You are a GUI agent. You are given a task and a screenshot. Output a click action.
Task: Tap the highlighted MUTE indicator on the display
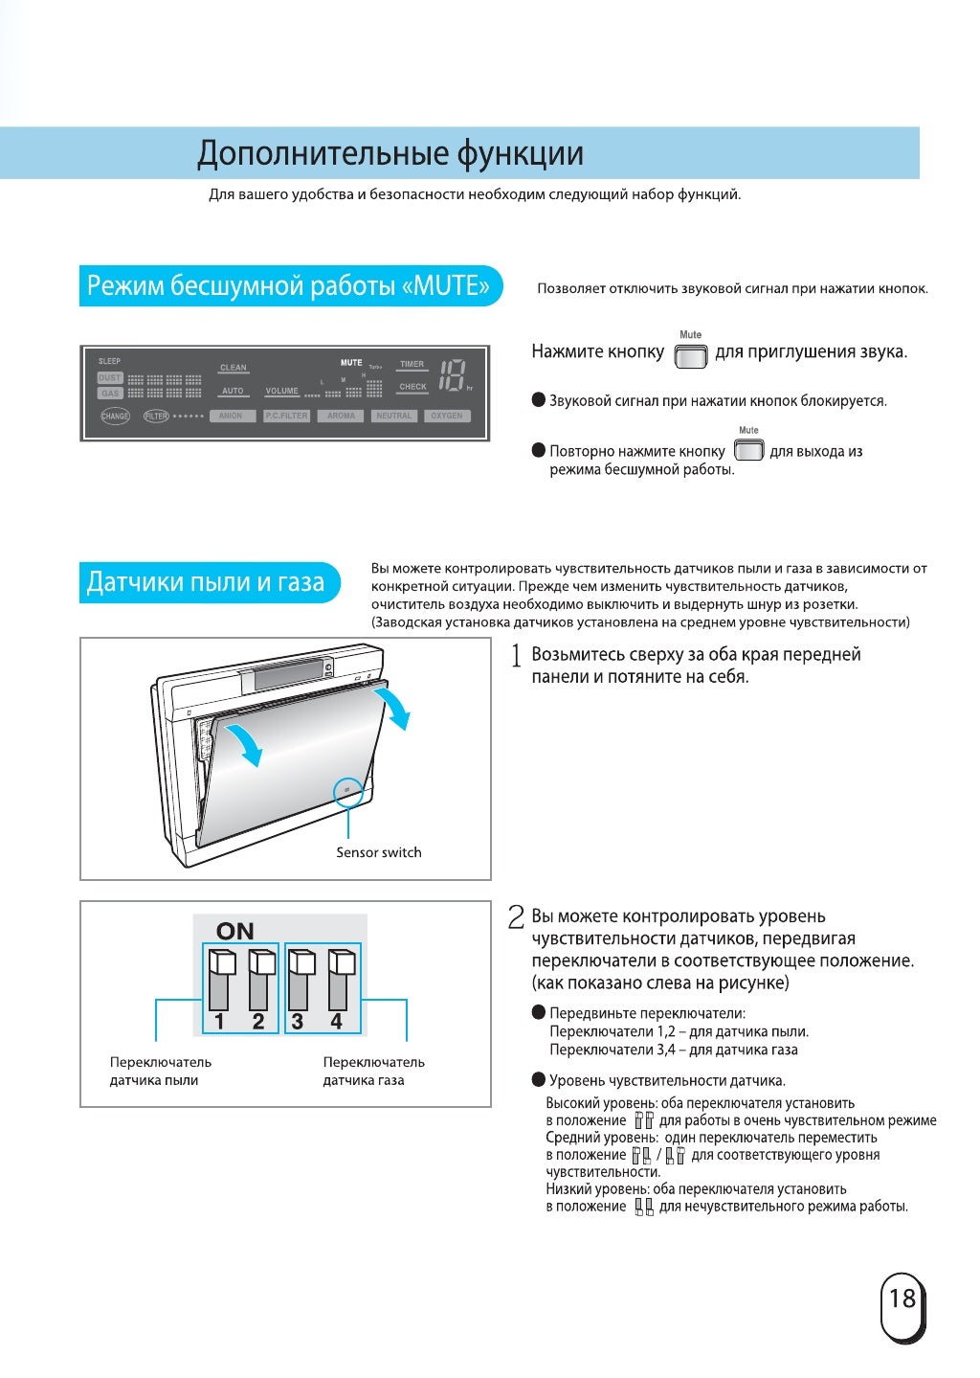point(351,363)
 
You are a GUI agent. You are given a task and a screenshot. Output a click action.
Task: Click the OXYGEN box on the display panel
point(446,417)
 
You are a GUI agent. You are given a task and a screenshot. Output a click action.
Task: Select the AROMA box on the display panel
point(341,417)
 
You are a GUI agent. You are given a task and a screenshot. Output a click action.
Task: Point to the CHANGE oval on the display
point(115,417)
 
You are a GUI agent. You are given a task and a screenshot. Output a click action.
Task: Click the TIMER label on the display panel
point(412,365)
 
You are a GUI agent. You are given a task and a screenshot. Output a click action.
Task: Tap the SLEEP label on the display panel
point(110,361)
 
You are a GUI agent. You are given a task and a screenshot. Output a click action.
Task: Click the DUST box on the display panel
point(110,378)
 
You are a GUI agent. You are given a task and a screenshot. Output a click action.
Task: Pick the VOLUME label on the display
point(282,391)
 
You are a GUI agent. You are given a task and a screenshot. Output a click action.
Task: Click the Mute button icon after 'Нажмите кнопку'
point(690,356)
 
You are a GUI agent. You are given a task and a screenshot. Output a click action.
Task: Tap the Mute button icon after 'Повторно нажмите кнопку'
point(748,450)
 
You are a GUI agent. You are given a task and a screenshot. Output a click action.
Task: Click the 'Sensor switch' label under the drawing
point(378,852)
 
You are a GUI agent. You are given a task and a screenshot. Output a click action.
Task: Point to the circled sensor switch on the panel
point(346,789)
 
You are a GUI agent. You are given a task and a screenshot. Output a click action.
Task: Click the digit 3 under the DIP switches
point(298,1022)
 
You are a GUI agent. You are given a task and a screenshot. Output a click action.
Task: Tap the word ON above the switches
point(235,931)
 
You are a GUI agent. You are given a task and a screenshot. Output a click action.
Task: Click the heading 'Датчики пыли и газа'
point(206,582)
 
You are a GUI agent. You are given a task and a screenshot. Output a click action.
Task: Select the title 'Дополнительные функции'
point(390,153)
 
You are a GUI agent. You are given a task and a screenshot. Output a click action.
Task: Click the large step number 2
point(516,917)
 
